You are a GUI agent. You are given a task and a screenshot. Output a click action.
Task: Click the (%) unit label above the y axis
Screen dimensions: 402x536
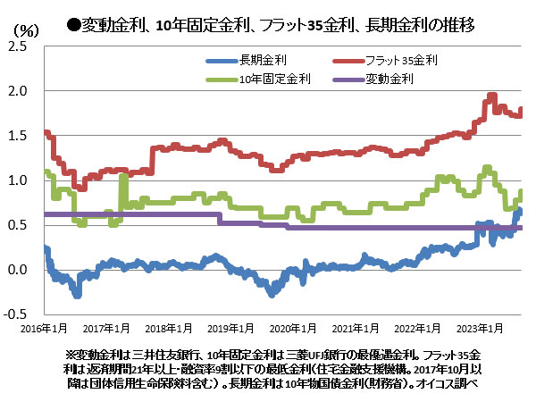25,29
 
